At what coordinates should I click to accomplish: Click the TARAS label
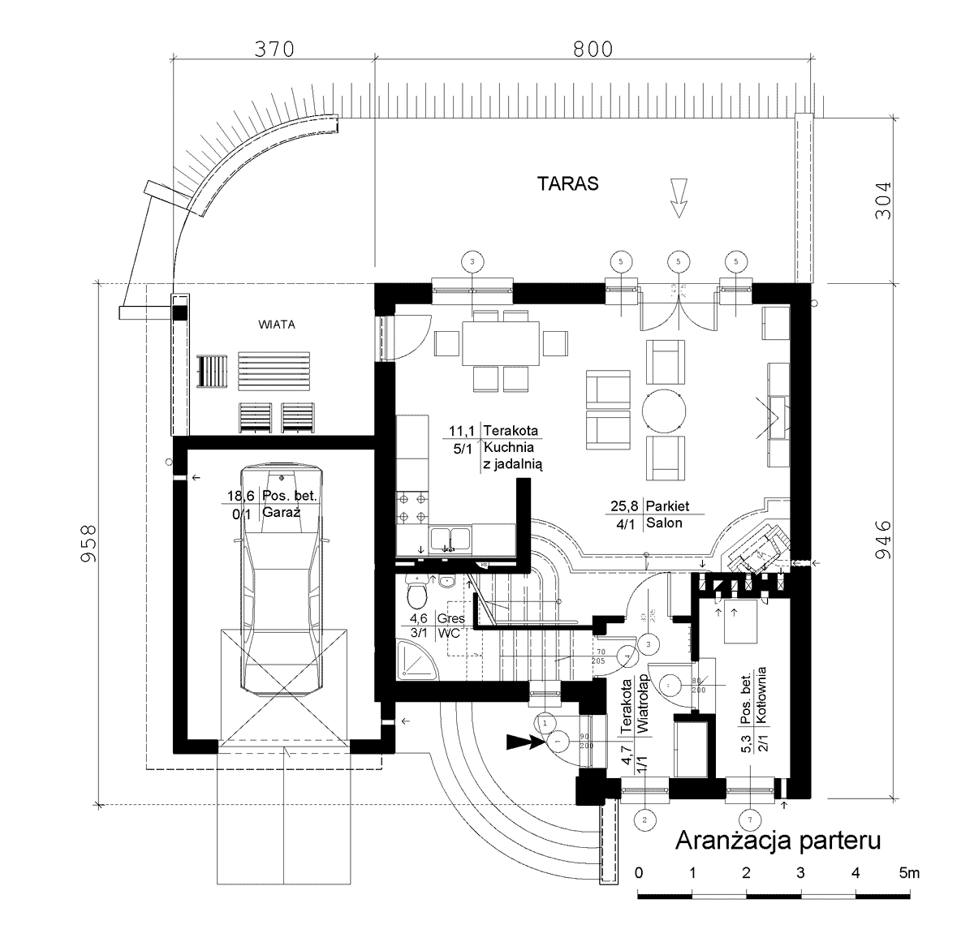(567, 183)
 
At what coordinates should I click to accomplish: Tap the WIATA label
(277, 324)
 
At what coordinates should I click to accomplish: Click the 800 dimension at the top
(593, 50)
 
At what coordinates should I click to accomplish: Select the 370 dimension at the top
(273, 50)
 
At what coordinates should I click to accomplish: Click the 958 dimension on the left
(91, 543)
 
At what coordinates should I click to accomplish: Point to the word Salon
(664, 523)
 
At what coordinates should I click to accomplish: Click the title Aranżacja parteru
(778, 840)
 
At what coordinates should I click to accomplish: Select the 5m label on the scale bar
(909, 873)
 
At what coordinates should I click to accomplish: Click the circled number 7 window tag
(749, 820)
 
